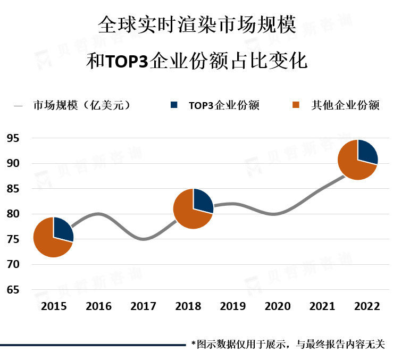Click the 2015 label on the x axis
(x=54, y=306)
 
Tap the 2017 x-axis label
(x=143, y=306)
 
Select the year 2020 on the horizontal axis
(x=278, y=306)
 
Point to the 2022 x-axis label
(x=367, y=306)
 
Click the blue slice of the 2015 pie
(x=62, y=229)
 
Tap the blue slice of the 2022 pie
(x=367, y=151)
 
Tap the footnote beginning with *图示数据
(x=288, y=345)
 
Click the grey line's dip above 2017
(x=144, y=239)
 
